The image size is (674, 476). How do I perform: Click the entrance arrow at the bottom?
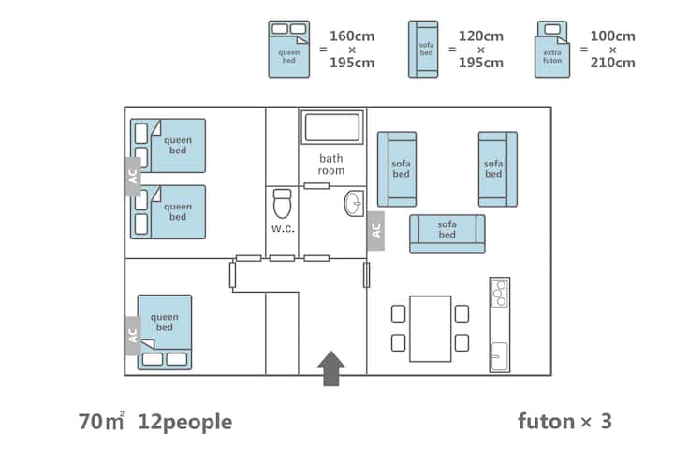pyautogui.click(x=331, y=368)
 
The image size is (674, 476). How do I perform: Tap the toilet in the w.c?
pyautogui.click(x=282, y=203)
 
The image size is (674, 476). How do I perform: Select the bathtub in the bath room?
pyautogui.click(x=330, y=128)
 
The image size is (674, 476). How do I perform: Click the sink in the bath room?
pyautogui.click(x=354, y=203)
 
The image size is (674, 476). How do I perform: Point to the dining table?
pyautogui.click(x=430, y=328)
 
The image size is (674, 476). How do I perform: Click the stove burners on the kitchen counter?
pyautogui.click(x=500, y=293)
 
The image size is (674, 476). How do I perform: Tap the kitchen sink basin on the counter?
pyautogui.click(x=499, y=356)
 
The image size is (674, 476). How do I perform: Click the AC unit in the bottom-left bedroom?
pyautogui.click(x=132, y=334)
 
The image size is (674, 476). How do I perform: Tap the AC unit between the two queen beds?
pyautogui.click(x=132, y=176)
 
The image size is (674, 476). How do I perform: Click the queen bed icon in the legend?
pyautogui.click(x=288, y=49)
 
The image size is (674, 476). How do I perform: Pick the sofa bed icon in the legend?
pyautogui.click(x=424, y=50)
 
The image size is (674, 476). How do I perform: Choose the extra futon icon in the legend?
pyautogui.click(x=552, y=49)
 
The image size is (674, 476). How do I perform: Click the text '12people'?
pyautogui.click(x=184, y=421)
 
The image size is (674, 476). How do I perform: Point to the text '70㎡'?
pyautogui.click(x=101, y=421)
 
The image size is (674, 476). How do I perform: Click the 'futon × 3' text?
pyautogui.click(x=564, y=421)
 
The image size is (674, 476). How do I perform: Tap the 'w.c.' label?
pyautogui.click(x=284, y=227)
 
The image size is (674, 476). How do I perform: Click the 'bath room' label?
pyautogui.click(x=331, y=165)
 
